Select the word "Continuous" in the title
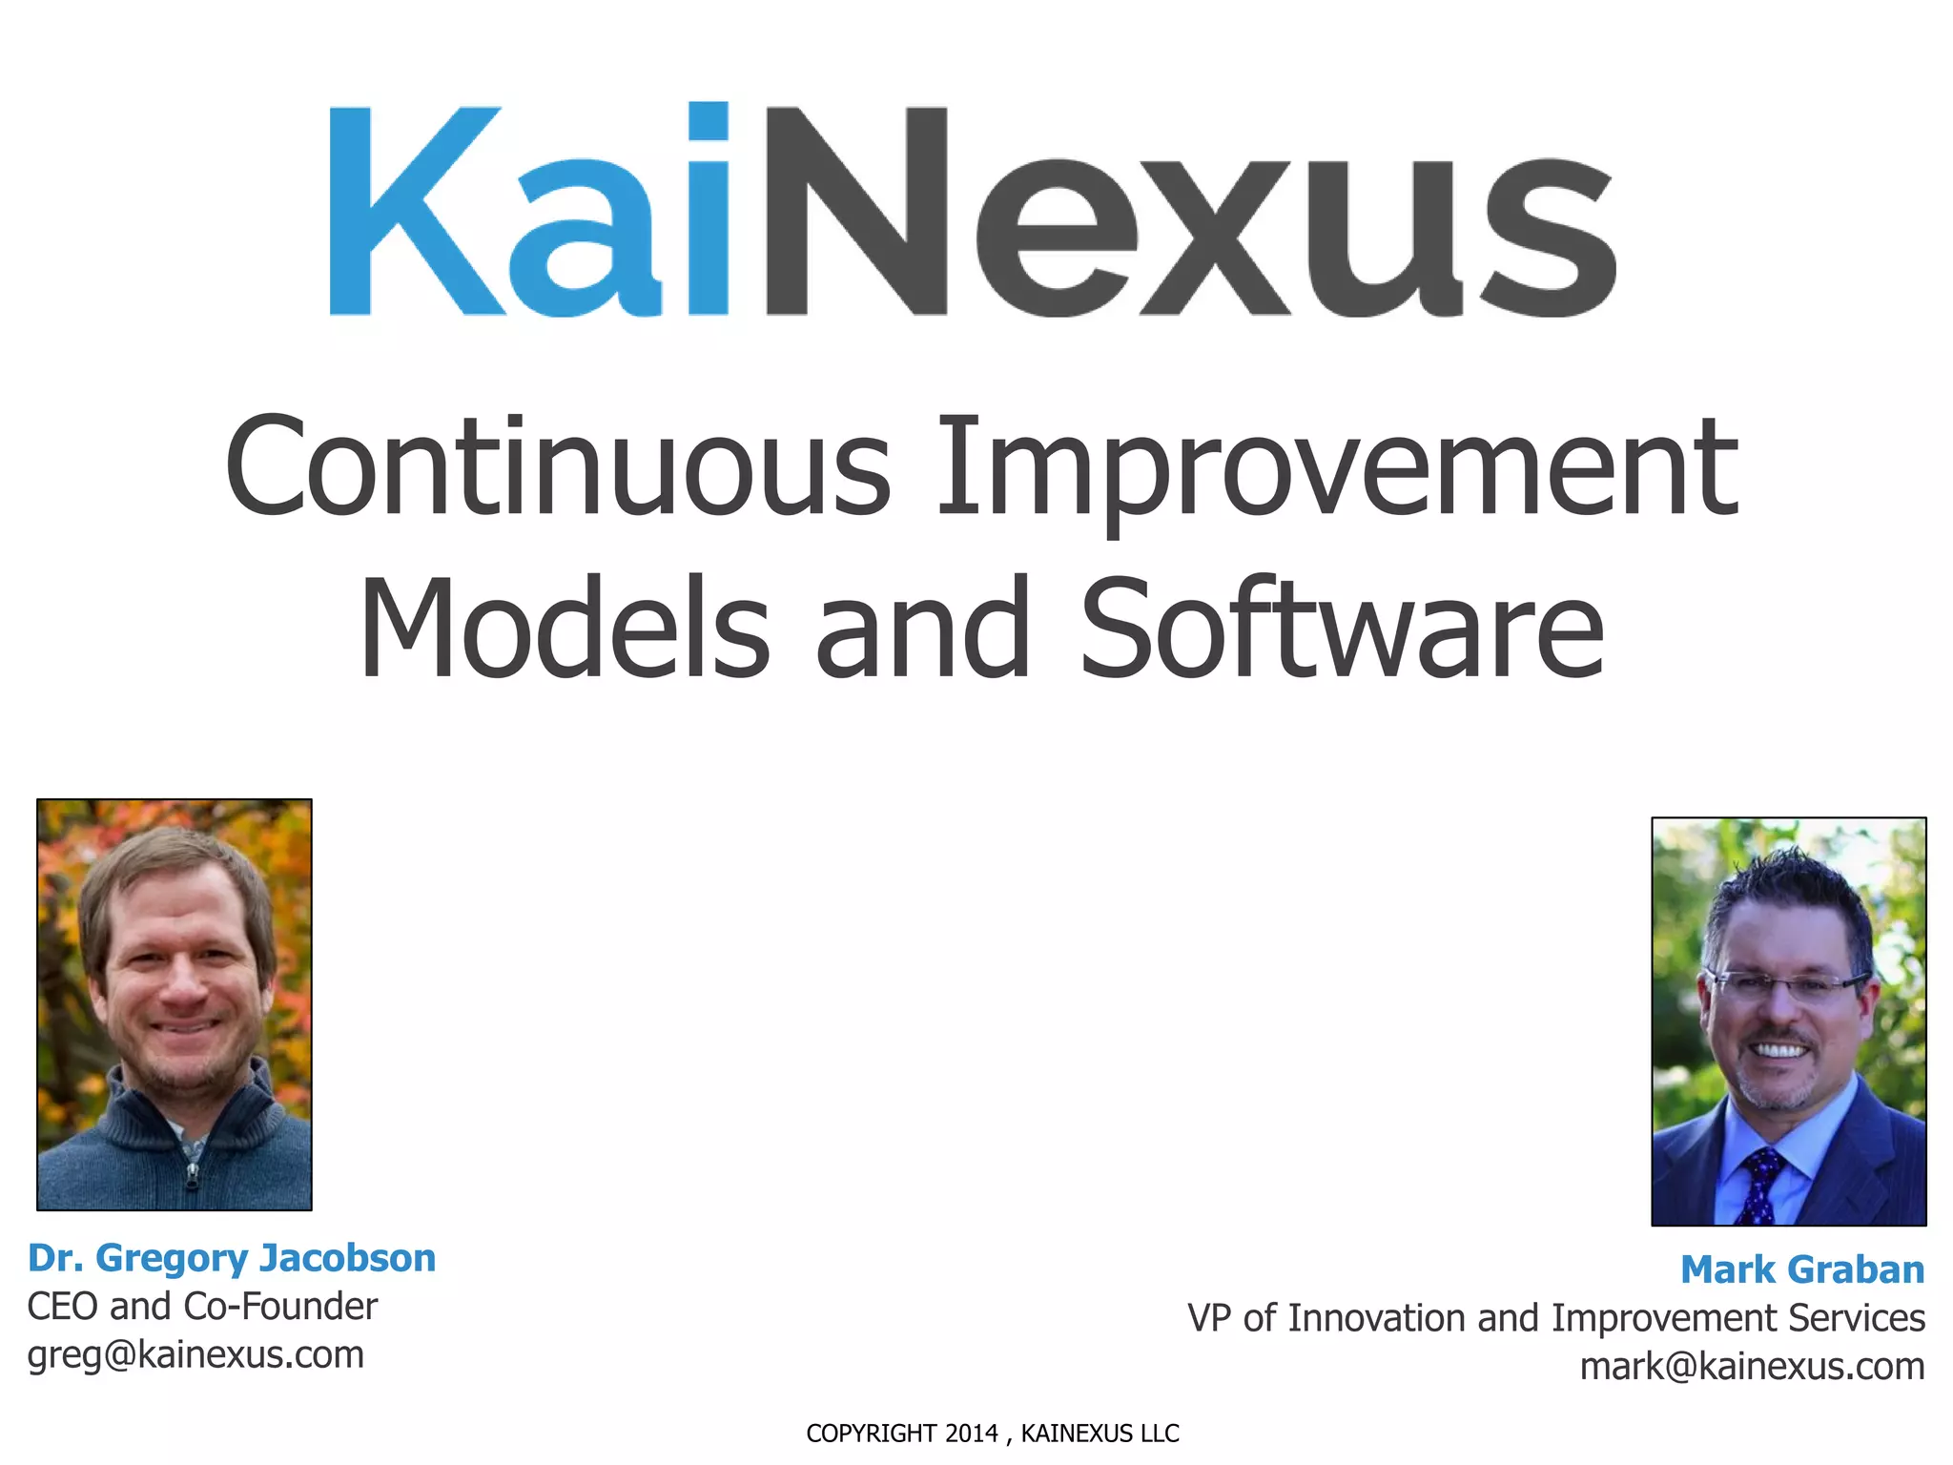[558, 467]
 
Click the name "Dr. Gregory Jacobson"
[232, 1258]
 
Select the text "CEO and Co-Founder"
[202, 1307]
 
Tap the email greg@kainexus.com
[195, 1355]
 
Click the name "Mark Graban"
[1802, 1269]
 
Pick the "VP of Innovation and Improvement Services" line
[1556, 1318]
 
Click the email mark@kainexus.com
[1752, 1367]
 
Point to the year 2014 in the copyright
[971, 1434]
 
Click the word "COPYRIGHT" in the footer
[871, 1434]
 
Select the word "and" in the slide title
[922, 629]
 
